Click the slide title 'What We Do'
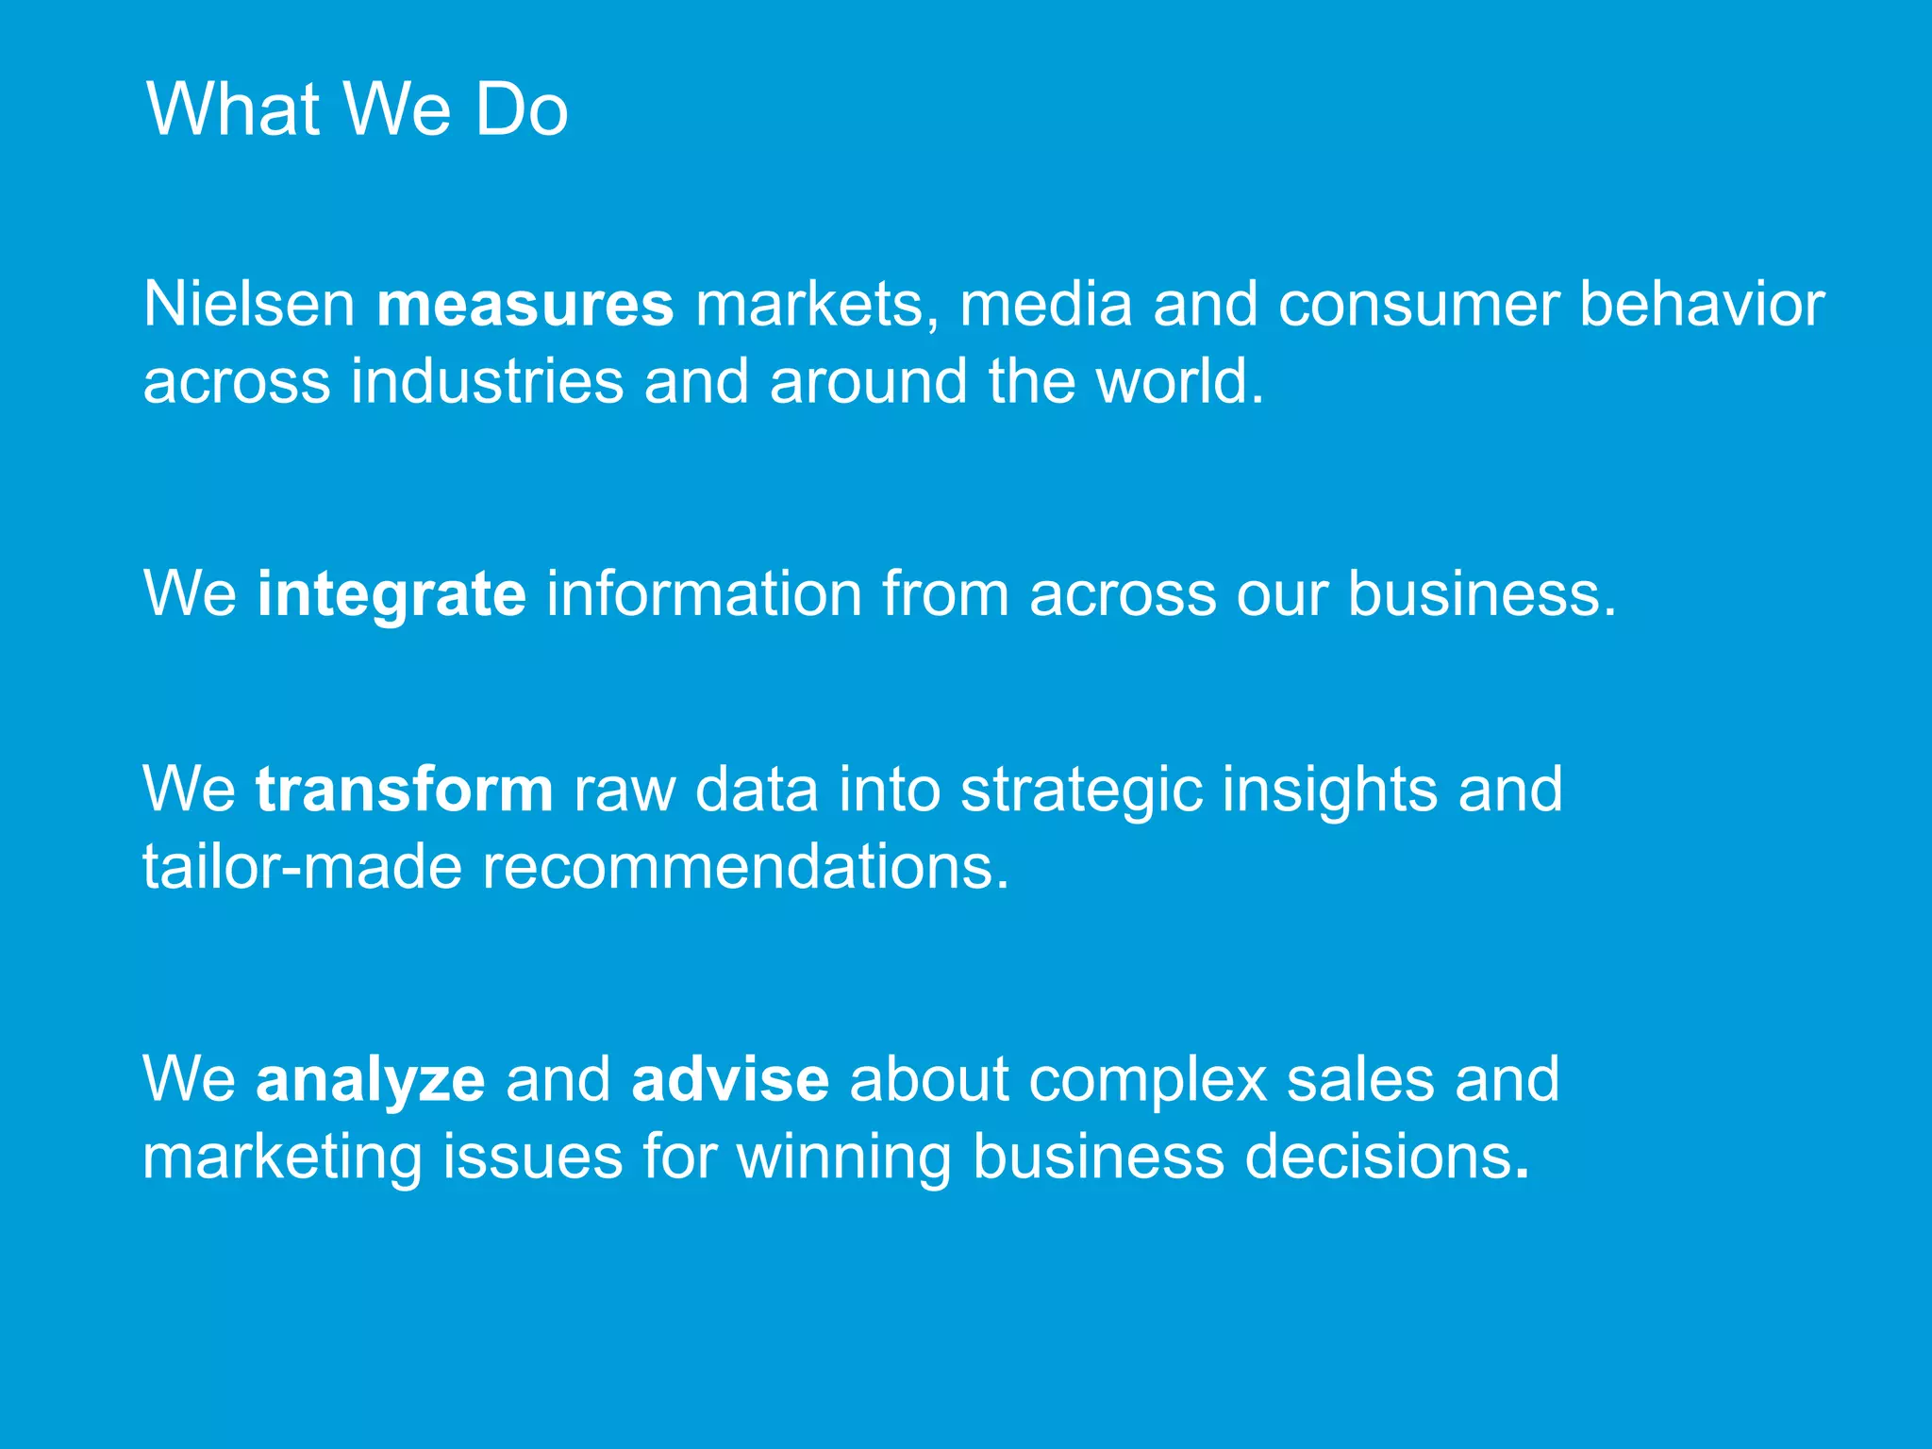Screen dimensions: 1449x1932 tap(357, 109)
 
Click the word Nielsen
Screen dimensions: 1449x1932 tap(249, 305)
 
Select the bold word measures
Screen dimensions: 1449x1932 tap(525, 305)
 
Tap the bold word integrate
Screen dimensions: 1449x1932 tap(391, 594)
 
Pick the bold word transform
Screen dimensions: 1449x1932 tap(404, 790)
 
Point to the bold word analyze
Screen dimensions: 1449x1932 tap(370, 1079)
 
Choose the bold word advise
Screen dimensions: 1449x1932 tap(730, 1079)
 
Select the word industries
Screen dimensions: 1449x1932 tap(487, 382)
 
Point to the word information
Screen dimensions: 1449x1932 tap(704, 594)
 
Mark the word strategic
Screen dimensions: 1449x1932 tap(1081, 790)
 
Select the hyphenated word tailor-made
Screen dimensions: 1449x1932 tap(302, 867)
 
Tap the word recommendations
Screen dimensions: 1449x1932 tap(745, 867)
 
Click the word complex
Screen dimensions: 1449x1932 tap(1147, 1079)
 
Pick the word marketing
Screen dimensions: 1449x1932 tap(282, 1157)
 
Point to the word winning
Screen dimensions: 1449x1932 tap(843, 1157)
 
